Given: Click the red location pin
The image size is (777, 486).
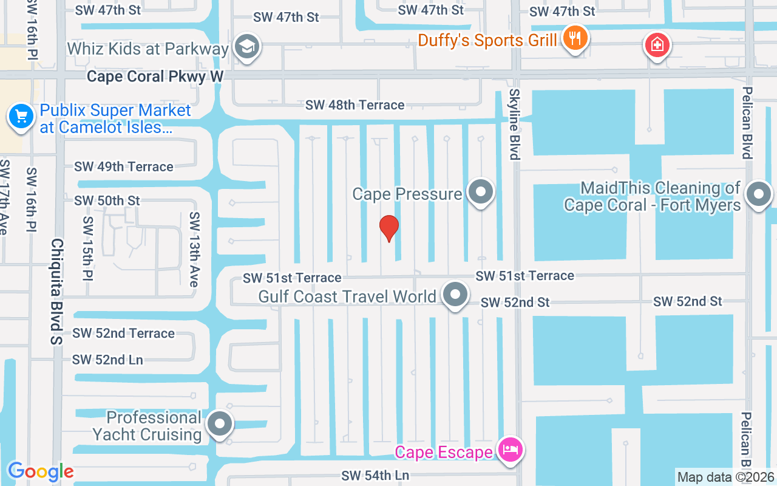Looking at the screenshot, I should click(x=389, y=228).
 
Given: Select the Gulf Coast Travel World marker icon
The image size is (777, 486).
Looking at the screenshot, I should click(x=455, y=295).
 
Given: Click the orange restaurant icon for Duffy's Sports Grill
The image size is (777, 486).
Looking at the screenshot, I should click(x=574, y=39).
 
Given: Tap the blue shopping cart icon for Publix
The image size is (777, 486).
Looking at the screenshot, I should click(x=21, y=115).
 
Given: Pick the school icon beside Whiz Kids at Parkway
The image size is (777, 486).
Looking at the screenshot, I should click(x=247, y=47).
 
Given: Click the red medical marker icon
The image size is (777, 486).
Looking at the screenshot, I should click(x=657, y=44).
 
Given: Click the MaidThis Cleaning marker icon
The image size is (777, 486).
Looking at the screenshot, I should click(x=758, y=195).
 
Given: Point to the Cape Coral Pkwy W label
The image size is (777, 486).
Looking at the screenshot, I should click(x=155, y=77).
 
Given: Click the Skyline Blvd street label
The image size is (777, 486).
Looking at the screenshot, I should click(x=515, y=124).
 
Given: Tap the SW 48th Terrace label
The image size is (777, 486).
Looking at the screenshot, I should click(x=355, y=105).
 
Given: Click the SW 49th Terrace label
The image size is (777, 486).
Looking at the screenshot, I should click(x=124, y=166).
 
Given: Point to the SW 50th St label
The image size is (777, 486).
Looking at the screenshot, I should click(x=107, y=200).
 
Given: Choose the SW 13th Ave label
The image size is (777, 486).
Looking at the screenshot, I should click(x=194, y=249).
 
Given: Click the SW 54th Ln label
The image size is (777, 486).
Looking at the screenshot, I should click(x=375, y=475).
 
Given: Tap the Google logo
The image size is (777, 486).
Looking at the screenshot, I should click(x=40, y=471).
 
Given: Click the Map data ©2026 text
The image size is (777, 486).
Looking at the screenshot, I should click(x=726, y=477).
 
